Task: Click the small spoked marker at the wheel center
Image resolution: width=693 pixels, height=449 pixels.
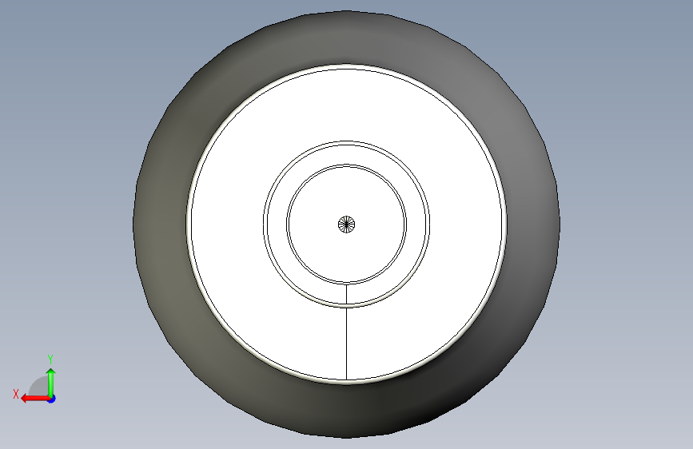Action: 347,224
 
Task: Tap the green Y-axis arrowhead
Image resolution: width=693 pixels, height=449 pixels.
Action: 51,372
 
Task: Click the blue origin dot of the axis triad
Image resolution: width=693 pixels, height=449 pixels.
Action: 51,399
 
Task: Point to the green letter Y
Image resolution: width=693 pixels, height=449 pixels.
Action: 50,359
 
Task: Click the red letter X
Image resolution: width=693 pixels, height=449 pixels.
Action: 16,394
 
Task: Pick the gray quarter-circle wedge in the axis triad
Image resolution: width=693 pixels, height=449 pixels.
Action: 40,387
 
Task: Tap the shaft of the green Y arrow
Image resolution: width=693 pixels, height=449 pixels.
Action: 51,386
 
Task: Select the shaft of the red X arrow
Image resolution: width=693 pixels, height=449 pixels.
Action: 38,399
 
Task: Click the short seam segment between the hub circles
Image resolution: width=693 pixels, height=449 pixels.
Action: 347,294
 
